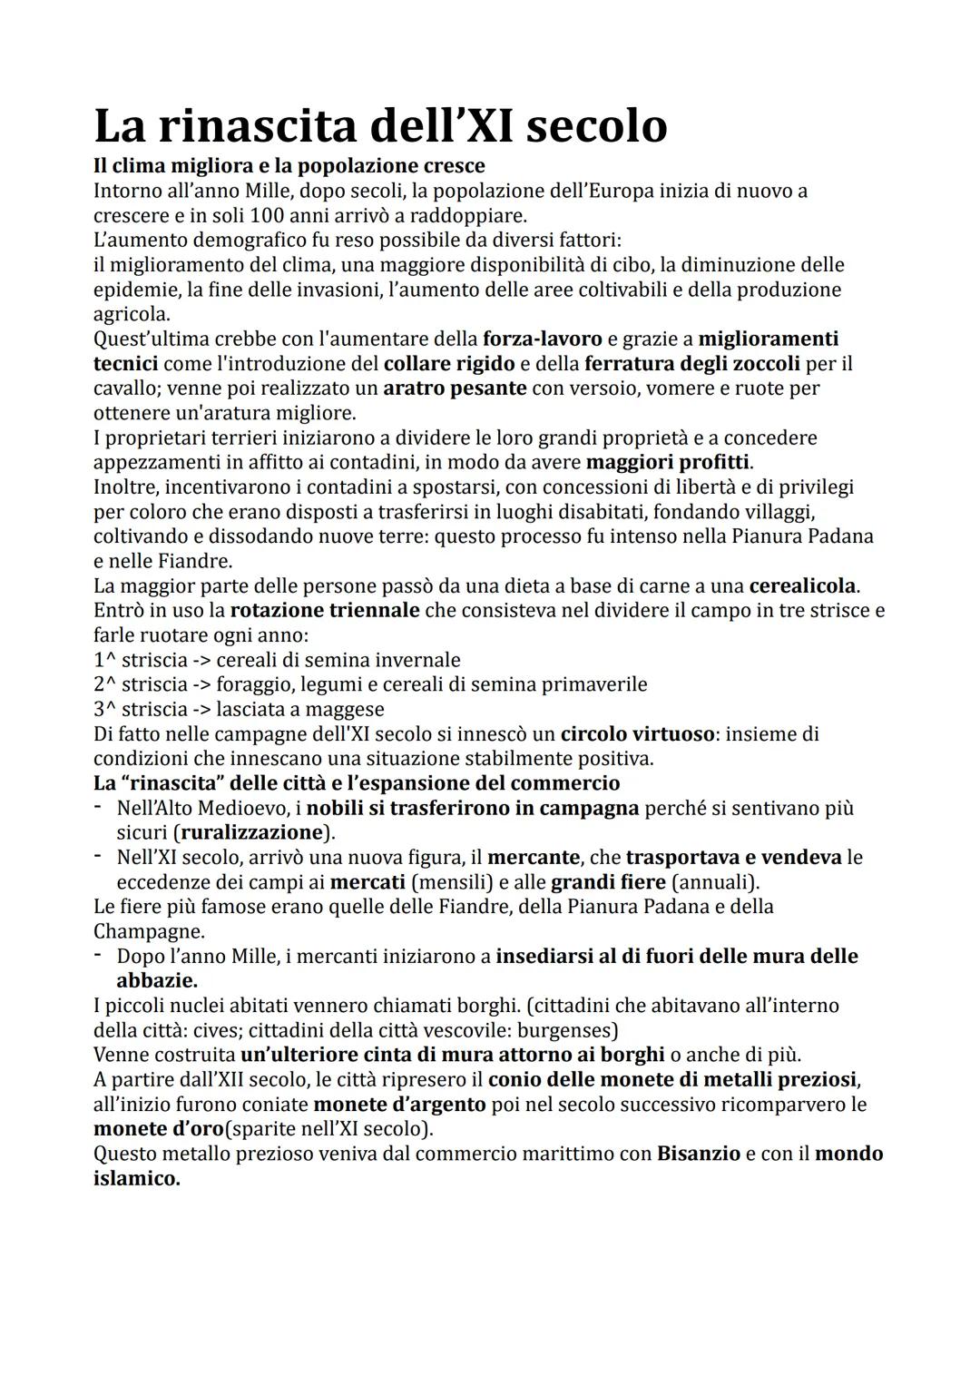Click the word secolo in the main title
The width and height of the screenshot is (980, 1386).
pos(596,126)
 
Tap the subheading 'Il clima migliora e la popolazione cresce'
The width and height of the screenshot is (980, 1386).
pos(289,166)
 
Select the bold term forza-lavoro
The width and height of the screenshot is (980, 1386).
pos(542,339)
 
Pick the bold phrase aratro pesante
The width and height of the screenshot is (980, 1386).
pos(455,388)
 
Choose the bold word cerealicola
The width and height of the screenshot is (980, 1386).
pos(804,585)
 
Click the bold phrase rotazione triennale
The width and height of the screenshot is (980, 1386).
pos(324,610)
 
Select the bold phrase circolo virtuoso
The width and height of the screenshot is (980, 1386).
pos(637,733)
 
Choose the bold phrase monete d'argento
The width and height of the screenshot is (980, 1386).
pos(400,1105)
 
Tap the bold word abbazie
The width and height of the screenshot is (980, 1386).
pos(157,980)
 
